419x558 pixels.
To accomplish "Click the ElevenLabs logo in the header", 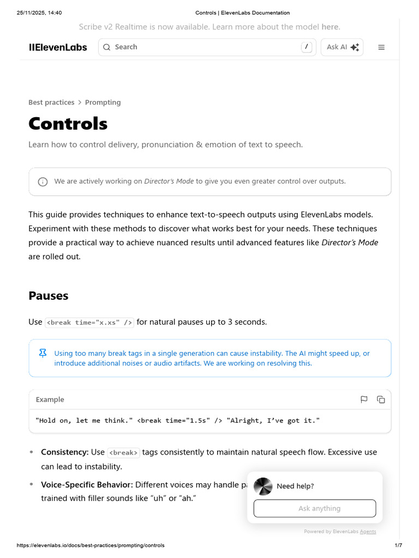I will (58, 47).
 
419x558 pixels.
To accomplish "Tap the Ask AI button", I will (342, 47).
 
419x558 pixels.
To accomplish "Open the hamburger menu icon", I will (381, 47).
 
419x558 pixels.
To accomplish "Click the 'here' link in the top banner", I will (330, 27).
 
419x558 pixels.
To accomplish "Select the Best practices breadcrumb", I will (51, 102).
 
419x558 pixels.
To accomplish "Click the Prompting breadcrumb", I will (103, 102).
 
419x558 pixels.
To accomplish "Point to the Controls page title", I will (68, 124).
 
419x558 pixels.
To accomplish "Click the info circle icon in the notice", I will (43, 181).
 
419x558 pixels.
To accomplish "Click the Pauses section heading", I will (49, 296).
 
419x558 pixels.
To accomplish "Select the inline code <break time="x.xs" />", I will (89, 323).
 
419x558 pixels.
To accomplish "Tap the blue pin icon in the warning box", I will (43, 354).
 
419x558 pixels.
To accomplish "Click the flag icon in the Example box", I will (364, 399).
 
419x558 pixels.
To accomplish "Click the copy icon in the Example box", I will (381, 399).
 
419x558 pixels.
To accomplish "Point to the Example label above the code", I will (50, 399).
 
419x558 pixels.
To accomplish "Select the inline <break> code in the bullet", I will (123, 453).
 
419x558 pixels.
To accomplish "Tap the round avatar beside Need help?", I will (263, 486).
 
